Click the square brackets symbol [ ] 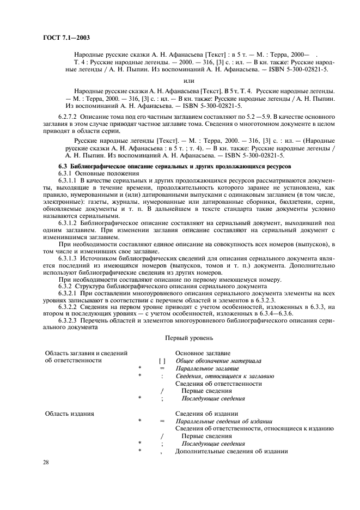click(162, 361)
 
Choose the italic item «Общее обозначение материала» click(218, 361)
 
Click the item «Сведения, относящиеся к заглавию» click(224, 376)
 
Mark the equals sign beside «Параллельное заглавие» click(162, 368)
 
